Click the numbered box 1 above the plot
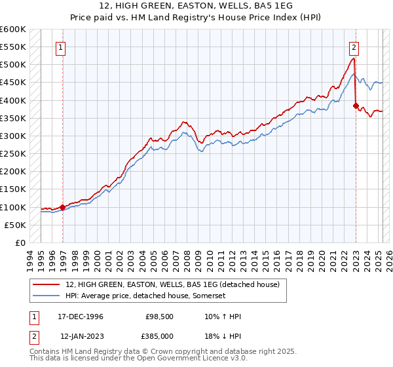tap(60, 47)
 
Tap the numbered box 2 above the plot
tap(354, 47)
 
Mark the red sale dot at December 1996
tap(63, 207)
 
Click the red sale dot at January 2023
tap(356, 106)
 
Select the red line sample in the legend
tap(47, 284)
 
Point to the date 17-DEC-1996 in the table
tap(81, 317)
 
